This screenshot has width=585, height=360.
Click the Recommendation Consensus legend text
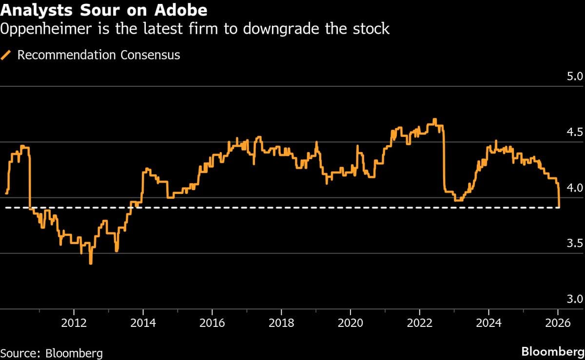[98, 55]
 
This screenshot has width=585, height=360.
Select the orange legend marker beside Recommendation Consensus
[7, 55]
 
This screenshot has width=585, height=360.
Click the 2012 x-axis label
[74, 322]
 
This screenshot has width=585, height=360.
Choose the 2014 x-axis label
[143, 322]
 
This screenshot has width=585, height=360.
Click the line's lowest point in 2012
[91, 264]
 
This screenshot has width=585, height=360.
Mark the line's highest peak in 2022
[434, 119]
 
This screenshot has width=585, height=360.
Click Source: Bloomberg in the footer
[51, 353]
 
